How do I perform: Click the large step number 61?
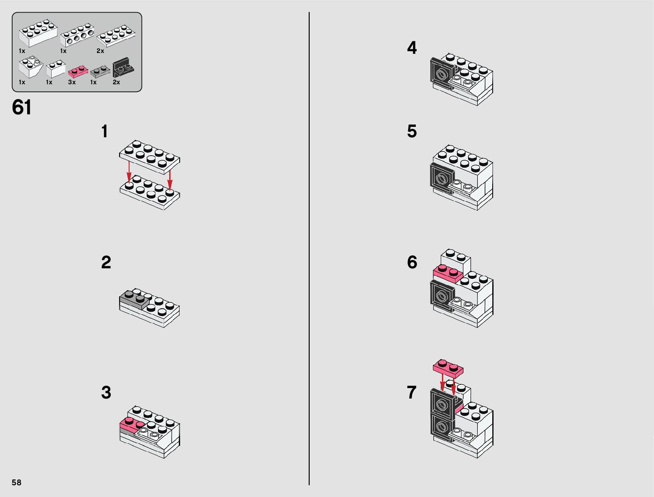[21, 107]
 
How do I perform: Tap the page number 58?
[16, 482]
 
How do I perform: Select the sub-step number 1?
[104, 131]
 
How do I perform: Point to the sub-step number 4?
[412, 48]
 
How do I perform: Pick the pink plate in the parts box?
[78, 72]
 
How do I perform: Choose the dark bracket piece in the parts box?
[123, 68]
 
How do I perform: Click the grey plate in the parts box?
[100, 72]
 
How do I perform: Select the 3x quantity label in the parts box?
[72, 82]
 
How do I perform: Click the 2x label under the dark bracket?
[116, 82]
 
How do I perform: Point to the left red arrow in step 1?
[129, 172]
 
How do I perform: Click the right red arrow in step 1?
[170, 180]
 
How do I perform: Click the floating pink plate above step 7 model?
[448, 369]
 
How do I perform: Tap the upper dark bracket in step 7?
[443, 404]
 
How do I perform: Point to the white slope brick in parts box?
[31, 67]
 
